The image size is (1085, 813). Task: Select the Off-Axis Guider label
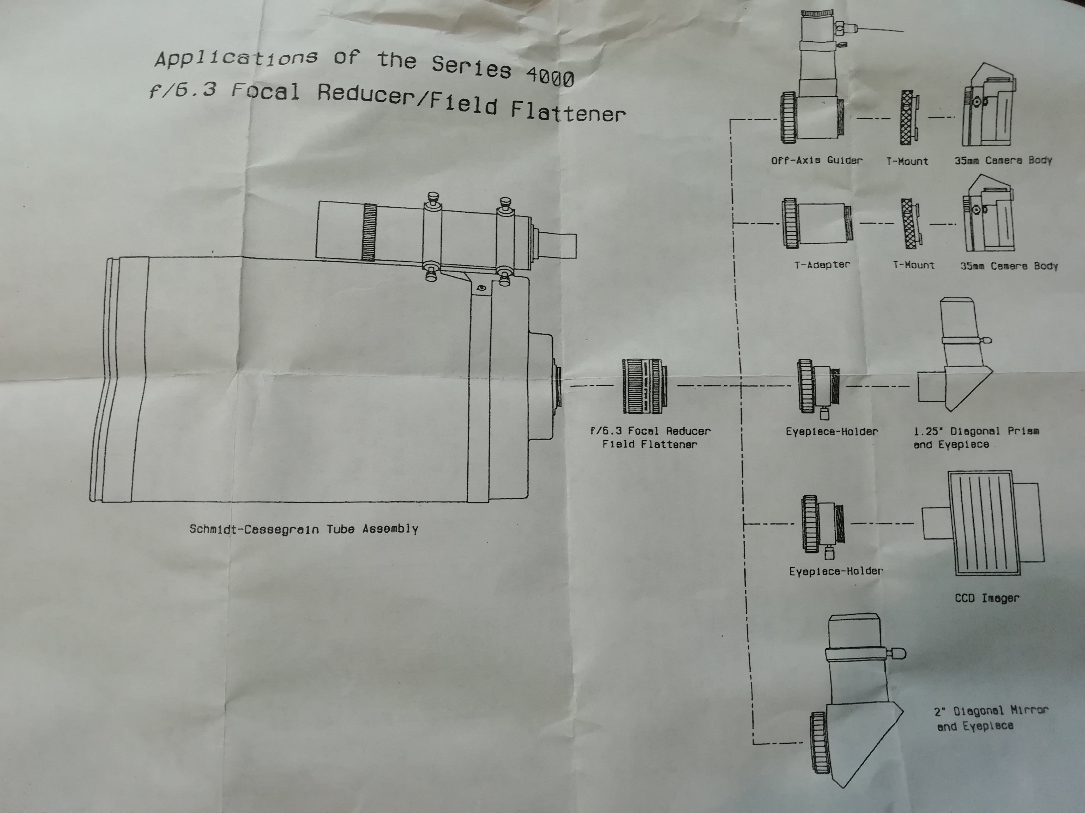coord(816,160)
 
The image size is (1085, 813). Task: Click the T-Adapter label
coord(822,265)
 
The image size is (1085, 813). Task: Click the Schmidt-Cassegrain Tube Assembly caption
coord(304,529)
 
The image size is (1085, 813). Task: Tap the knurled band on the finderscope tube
coord(369,232)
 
